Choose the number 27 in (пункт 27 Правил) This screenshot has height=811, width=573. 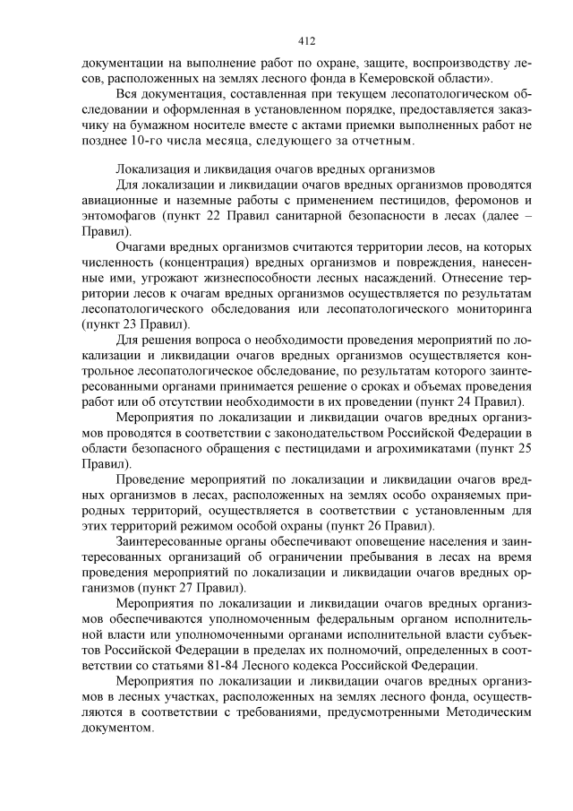(185, 587)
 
